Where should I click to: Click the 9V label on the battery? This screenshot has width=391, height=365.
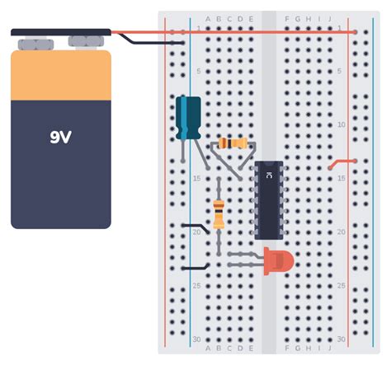[x=60, y=138]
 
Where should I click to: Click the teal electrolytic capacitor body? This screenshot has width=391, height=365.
[x=189, y=117]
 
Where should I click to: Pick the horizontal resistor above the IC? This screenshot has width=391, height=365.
[x=235, y=143]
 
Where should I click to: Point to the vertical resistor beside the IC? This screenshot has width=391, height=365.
[x=219, y=213]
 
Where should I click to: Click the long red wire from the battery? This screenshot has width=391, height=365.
[x=247, y=32]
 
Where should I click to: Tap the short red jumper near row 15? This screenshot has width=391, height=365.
[x=342, y=162]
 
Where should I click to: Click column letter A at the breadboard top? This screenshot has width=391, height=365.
[x=208, y=18]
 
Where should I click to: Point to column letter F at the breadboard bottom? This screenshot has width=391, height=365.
[x=286, y=349]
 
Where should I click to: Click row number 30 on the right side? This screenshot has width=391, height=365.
[x=341, y=339]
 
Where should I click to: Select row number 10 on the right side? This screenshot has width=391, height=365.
[x=341, y=124]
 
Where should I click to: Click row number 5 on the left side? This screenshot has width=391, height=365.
[x=198, y=71]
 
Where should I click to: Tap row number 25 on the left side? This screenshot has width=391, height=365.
[x=197, y=285]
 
